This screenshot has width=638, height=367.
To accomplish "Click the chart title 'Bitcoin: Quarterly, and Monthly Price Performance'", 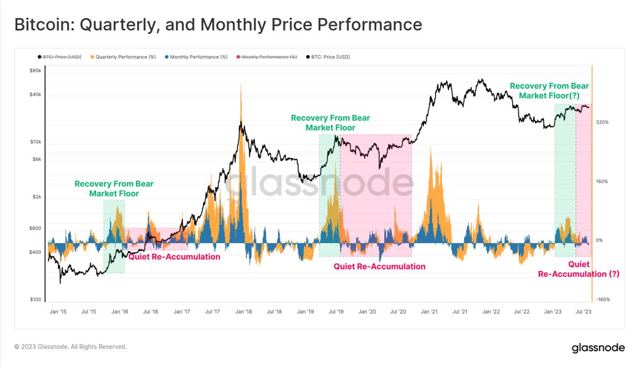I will tap(218, 24).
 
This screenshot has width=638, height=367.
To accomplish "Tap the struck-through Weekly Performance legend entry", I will tap(269, 57).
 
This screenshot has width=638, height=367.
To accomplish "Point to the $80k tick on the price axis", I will tap(35, 71).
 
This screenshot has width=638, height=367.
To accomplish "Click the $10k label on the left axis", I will tap(35, 142).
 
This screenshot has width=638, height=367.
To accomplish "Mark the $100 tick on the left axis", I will tap(36, 300).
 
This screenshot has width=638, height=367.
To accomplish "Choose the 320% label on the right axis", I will tap(602, 122).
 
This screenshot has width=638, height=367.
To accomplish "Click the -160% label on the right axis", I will tap(602, 300).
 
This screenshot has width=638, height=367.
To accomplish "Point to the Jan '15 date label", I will tap(58, 312).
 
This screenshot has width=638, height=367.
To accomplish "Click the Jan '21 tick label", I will tap(429, 312).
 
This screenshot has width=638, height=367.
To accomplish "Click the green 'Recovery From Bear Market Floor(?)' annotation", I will tap(549, 91).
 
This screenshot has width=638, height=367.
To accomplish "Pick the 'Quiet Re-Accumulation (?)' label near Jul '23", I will tap(578, 269).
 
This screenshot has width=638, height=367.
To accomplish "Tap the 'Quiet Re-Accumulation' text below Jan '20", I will tap(379, 267).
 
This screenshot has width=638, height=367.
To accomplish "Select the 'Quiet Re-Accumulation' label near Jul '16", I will tap(174, 257).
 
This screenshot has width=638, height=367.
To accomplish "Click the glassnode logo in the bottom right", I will tap(599, 348).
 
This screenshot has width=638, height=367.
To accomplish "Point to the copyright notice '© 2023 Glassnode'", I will tap(71, 347).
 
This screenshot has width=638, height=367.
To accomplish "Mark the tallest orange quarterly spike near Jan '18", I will tap(241, 88).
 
